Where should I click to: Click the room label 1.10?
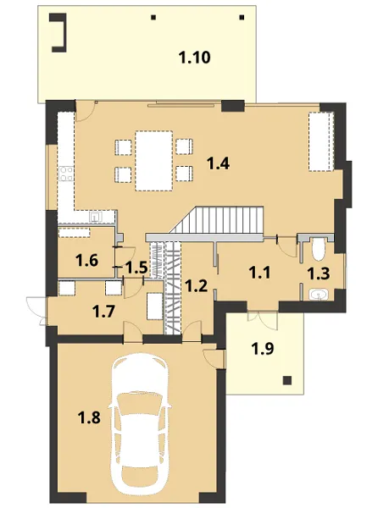(195, 58)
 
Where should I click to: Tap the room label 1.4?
(219, 163)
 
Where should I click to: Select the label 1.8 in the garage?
(89, 417)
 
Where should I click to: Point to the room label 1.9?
(263, 349)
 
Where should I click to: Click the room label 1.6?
(87, 260)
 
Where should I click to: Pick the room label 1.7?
(103, 312)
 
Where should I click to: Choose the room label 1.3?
(319, 273)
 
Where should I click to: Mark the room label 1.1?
(259, 273)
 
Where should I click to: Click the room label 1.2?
(196, 286)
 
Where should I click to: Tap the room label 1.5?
(136, 268)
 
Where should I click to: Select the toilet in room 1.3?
(319, 249)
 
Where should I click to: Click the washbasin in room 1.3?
(319, 295)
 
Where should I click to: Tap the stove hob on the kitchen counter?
(66, 174)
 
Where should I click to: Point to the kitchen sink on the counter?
(96, 216)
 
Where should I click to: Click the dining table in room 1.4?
(153, 160)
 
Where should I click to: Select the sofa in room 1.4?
(321, 141)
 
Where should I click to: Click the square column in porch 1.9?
(286, 380)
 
